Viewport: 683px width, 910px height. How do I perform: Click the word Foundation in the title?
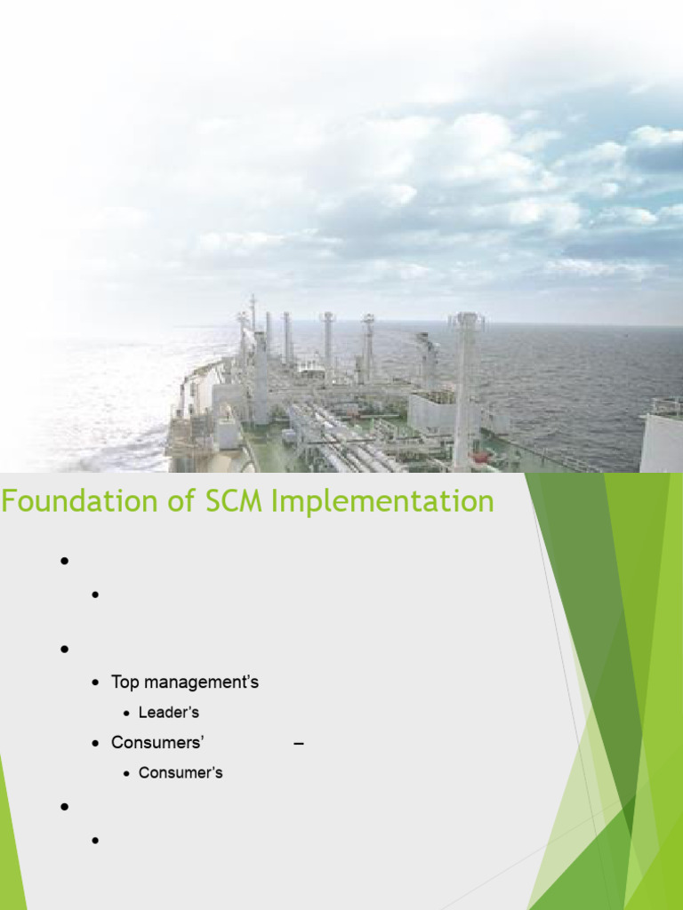tap(79, 500)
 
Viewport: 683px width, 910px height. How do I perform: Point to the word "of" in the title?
tap(181, 500)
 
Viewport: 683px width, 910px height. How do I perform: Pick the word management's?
tap(202, 682)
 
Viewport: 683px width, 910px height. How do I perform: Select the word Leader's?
tap(169, 712)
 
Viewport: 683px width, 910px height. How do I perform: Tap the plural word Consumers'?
tap(157, 742)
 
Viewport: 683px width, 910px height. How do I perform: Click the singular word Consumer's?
tap(181, 772)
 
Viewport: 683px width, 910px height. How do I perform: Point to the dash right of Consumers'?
tap(299, 744)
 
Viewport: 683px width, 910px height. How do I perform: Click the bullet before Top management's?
tap(96, 683)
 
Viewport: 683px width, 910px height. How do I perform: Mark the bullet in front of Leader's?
tap(126, 714)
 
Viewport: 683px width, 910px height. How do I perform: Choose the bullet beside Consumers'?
tap(96, 744)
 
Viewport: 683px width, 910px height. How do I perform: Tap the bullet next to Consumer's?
tap(126, 774)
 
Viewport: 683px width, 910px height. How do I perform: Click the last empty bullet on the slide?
tap(96, 841)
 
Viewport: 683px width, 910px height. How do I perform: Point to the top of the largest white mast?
tap(466, 315)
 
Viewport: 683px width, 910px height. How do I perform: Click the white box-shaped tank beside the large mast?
tap(432, 413)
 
